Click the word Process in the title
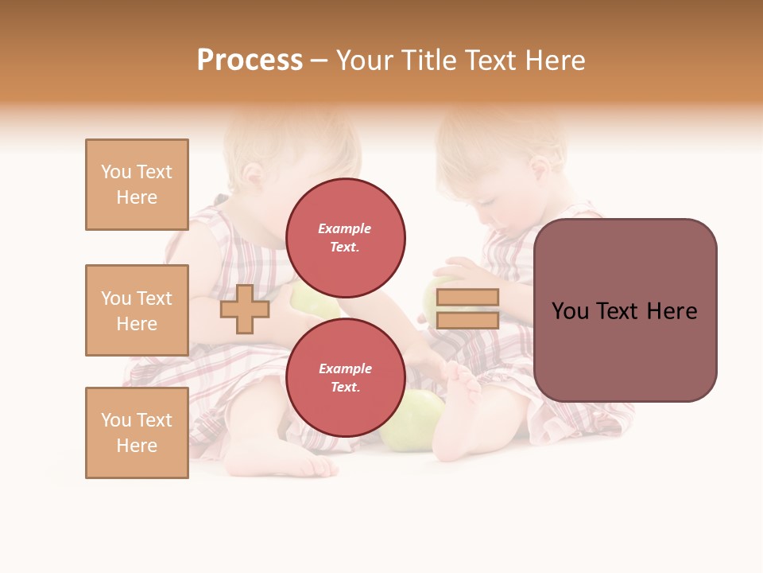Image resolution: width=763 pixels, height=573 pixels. [x=250, y=60]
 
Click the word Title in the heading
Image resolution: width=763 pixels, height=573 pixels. [x=429, y=60]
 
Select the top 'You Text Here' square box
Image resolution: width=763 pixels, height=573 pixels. [x=137, y=185]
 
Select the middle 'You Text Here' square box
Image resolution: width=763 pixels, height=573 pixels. [x=137, y=310]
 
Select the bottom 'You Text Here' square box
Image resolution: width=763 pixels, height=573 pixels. [x=137, y=433]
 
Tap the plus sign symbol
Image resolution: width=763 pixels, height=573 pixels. [x=245, y=310]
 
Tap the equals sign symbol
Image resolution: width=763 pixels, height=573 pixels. [x=468, y=309]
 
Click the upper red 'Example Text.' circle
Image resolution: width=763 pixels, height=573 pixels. [x=345, y=238]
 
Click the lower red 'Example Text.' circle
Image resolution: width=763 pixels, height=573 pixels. [x=345, y=378]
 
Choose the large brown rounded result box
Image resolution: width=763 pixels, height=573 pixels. [x=625, y=350]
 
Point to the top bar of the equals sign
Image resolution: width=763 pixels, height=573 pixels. [x=468, y=298]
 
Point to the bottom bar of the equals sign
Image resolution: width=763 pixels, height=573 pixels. [x=468, y=321]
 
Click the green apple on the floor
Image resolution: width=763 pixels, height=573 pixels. [x=411, y=422]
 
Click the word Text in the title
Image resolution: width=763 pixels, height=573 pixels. [x=490, y=60]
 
